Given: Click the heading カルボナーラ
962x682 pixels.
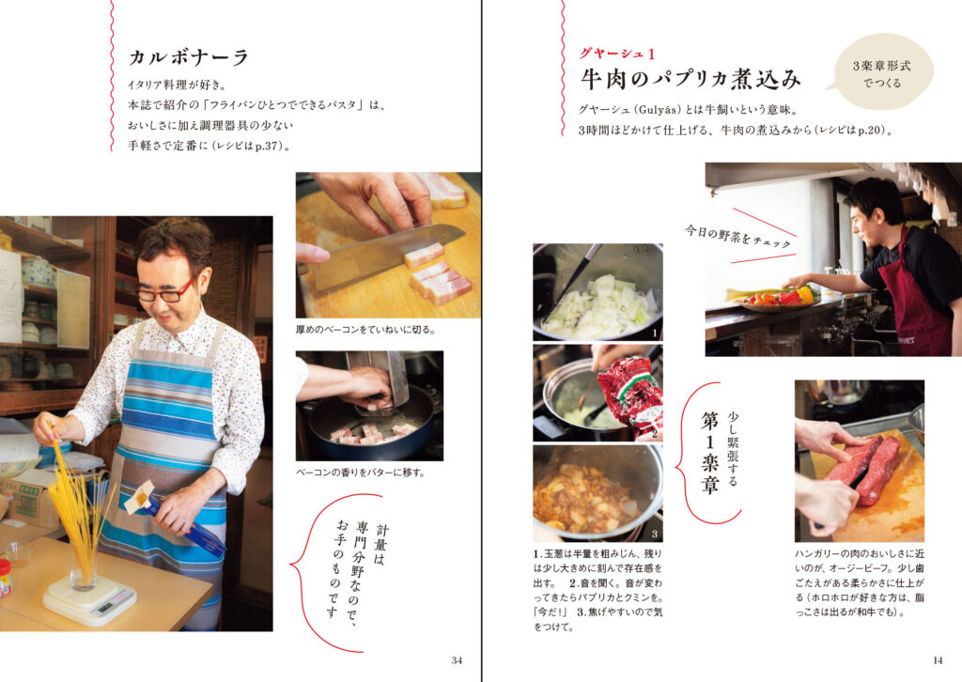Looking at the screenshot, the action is click(x=188, y=57).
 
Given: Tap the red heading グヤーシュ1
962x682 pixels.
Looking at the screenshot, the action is click(x=617, y=54).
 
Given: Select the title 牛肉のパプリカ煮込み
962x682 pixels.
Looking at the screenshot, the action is click(x=690, y=79).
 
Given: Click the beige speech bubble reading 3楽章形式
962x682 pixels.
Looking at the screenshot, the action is click(x=881, y=72).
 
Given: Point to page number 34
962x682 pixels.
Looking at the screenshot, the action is click(x=457, y=660).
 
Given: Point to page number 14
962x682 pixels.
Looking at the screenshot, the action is click(x=938, y=660).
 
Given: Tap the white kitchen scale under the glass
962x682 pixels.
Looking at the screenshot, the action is click(x=89, y=599).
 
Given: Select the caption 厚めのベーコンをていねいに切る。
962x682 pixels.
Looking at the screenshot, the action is click(x=366, y=330).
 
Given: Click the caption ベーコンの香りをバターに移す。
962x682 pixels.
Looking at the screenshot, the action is click(x=360, y=473).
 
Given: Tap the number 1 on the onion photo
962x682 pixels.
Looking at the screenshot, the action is click(x=655, y=333).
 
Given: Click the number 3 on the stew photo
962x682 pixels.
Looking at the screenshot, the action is click(x=655, y=534).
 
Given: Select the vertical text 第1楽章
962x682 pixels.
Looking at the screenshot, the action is click(x=709, y=453).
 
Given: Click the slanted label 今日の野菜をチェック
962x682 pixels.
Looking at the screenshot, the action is click(x=738, y=237).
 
